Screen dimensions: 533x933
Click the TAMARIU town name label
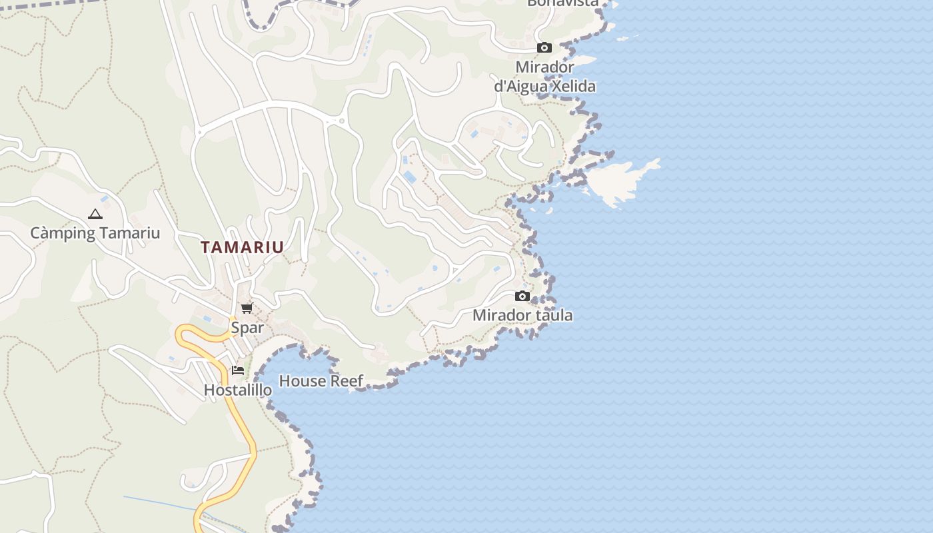coord(243,247)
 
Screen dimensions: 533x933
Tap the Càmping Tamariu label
coord(95,233)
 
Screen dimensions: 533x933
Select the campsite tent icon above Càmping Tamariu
coord(95,215)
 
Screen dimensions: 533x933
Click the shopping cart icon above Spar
coord(247,308)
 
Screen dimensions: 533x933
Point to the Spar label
coord(247,328)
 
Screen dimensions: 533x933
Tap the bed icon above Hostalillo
coord(238,370)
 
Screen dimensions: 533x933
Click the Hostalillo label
coord(238,390)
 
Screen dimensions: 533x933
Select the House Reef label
coord(321,381)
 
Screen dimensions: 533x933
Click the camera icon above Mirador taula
coord(522,296)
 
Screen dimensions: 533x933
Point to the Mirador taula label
coord(522,315)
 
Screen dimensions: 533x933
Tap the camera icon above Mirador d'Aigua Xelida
coord(544,48)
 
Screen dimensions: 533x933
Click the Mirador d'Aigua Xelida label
coord(544,77)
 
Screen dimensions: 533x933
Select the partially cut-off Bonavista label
coord(562,3)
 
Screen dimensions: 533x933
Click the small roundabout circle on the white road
coord(342,121)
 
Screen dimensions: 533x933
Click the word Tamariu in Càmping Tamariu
coord(129,233)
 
